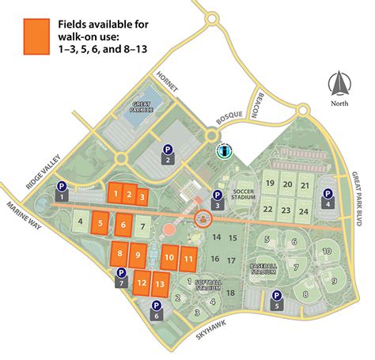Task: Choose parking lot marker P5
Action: [x=276, y=301]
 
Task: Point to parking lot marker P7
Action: [x=121, y=277]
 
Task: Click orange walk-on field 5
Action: [x=100, y=224]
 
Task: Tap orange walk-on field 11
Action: [x=187, y=258]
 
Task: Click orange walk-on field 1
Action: [x=116, y=193]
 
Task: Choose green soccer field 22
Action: [x=269, y=210]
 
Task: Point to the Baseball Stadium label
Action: [x=263, y=270]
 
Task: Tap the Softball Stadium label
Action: [x=210, y=284]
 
